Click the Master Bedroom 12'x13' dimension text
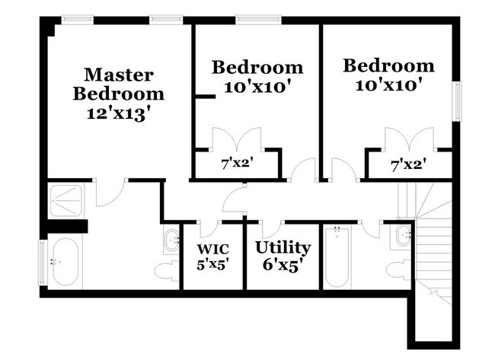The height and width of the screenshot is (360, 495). click(118, 114)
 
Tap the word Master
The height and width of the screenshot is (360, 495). click(119, 75)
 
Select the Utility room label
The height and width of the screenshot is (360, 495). click(283, 248)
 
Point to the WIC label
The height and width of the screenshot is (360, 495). click(212, 249)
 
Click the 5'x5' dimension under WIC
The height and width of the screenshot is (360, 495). click(212, 264)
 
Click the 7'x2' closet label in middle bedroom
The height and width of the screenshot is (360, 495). click(238, 164)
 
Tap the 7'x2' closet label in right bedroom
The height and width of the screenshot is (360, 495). click(410, 164)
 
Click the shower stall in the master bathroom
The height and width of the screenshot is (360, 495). click(66, 201)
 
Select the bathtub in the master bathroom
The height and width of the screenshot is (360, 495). click(65, 262)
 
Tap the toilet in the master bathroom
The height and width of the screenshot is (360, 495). click(167, 270)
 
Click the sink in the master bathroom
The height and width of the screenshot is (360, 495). click(171, 241)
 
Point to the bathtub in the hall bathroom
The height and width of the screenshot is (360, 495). click(337, 256)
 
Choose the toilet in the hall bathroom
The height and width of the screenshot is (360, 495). click(399, 271)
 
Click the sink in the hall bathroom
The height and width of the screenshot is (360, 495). click(403, 236)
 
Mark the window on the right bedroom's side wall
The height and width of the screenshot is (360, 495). click(456, 101)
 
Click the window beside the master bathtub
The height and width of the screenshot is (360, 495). click(43, 263)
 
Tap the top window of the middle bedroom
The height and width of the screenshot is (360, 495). click(258, 20)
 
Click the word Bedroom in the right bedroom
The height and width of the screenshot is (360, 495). click(389, 66)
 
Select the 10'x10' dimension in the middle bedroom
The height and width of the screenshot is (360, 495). click(257, 86)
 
